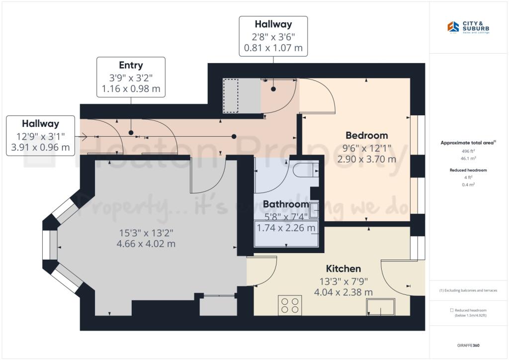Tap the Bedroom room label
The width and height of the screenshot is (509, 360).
pyautogui.click(x=366, y=135)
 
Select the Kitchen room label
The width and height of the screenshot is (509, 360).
pyautogui.click(x=343, y=269)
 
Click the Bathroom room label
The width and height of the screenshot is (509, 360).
pyautogui.click(x=285, y=204)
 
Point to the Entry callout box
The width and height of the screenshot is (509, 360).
pyautogui.click(x=131, y=77)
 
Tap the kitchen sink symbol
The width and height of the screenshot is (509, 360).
pyautogui.click(x=381, y=307)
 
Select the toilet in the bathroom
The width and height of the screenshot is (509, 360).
pyautogui.click(x=305, y=171)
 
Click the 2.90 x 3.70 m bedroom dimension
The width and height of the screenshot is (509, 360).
pyautogui.click(x=366, y=159)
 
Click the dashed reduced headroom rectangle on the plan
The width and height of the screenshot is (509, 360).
pyautogui.click(x=231, y=95)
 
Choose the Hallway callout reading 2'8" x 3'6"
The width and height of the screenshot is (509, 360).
pyautogui.click(x=273, y=36)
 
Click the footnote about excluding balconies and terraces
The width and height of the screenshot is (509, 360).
pyautogui.click(x=469, y=290)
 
